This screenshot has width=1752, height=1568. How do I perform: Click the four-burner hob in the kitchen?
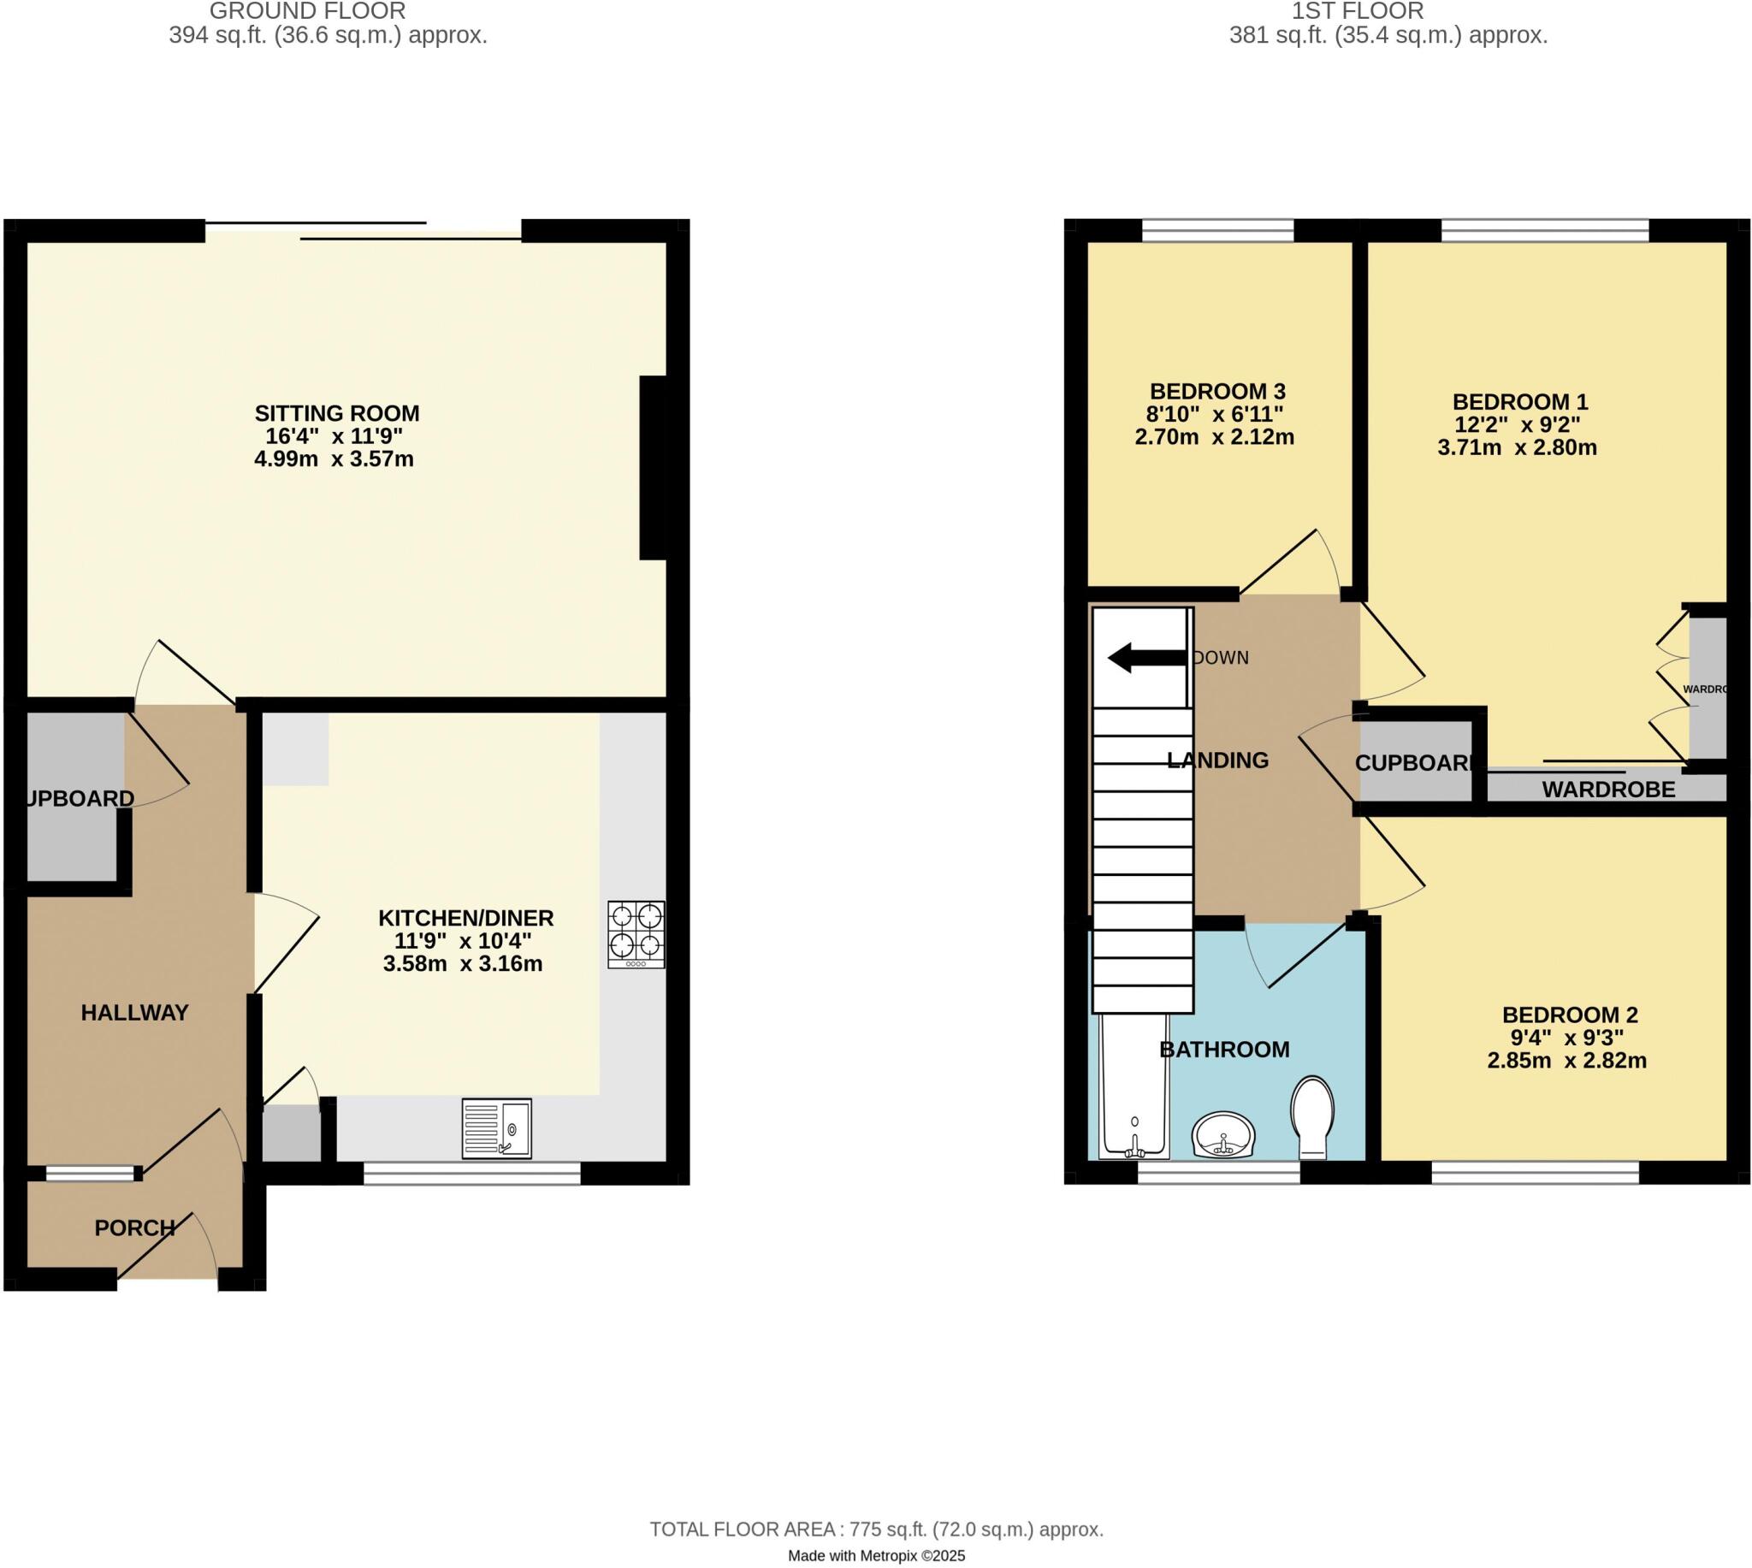tap(636, 934)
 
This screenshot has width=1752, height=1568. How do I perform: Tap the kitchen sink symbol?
tap(497, 1127)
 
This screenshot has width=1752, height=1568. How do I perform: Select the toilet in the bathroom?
tap(1311, 1116)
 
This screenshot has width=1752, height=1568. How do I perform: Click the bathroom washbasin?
tap(1223, 1134)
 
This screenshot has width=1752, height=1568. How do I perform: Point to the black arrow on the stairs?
tap(1146, 657)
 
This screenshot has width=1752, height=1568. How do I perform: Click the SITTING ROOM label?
tap(337, 413)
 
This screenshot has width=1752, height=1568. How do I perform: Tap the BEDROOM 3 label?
tap(1217, 391)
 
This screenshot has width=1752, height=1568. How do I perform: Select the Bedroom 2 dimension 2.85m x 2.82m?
tap(1566, 1061)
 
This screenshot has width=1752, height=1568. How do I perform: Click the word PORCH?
tap(134, 1228)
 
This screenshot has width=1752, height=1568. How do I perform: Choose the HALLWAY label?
tap(134, 1012)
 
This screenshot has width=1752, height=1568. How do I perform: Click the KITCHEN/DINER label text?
tap(465, 918)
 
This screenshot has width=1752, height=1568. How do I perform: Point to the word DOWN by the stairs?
tap(1221, 657)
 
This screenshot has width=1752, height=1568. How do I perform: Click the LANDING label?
tap(1217, 760)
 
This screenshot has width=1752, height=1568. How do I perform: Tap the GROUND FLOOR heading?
tap(307, 11)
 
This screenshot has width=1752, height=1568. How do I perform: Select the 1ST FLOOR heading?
tap(1357, 11)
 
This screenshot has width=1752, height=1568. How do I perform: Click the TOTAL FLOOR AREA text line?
tap(876, 1530)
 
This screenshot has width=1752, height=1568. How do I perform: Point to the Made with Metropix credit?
tap(876, 1556)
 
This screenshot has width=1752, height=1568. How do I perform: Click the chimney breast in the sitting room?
tap(653, 468)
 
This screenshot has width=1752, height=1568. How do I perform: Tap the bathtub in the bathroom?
tap(1133, 1087)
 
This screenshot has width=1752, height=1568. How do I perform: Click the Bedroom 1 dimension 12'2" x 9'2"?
tap(1517, 425)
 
